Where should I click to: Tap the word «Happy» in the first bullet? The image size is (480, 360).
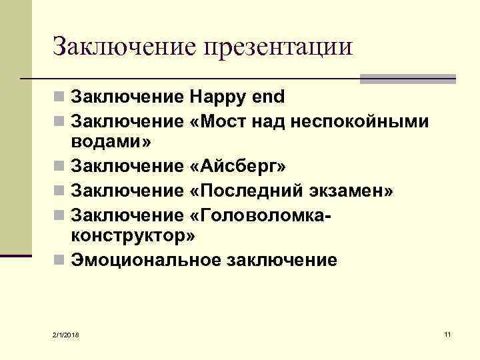pyautogui.click(x=218, y=98)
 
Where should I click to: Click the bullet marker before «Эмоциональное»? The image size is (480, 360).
pyautogui.click(x=59, y=261)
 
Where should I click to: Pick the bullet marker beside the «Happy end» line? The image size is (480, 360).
pyautogui.click(x=59, y=98)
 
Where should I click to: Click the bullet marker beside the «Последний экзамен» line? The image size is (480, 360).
pyautogui.click(x=59, y=192)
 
